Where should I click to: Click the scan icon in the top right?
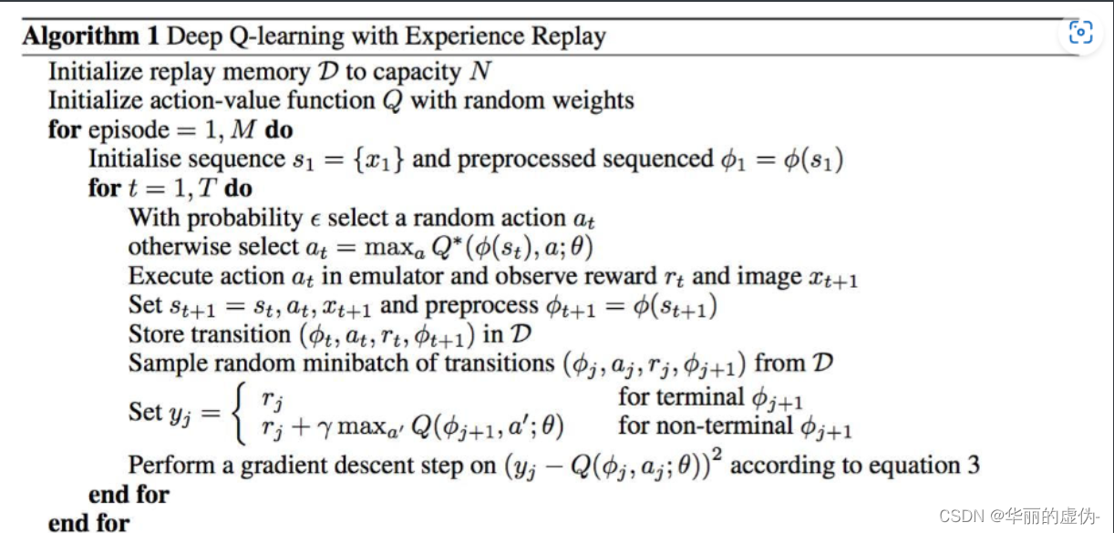[1080, 33]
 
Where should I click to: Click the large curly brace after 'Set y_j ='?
[240, 412]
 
